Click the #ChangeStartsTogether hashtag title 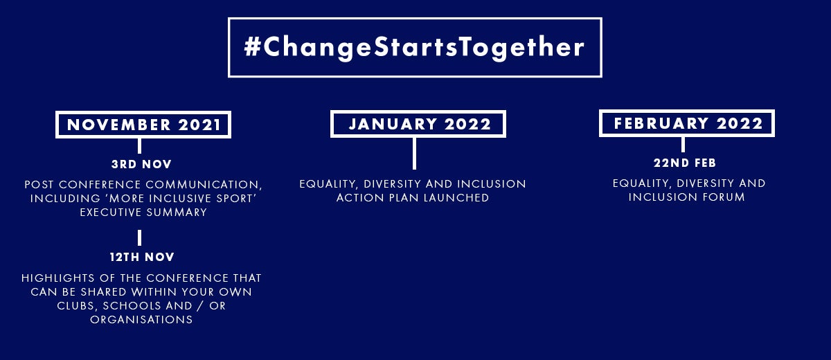(x=414, y=48)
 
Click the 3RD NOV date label (x=141, y=164)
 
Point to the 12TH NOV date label (x=142, y=257)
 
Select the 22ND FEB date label (x=685, y=163)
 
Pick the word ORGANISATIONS (x=141, y=320)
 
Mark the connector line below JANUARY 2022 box (x=414, y=154)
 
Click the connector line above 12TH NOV (x=139, y=237)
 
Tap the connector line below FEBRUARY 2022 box (x=683, y=144)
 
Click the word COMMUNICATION (x=204, y=185)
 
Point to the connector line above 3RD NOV (x=139, y=145)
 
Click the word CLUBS (x=78, y=306)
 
